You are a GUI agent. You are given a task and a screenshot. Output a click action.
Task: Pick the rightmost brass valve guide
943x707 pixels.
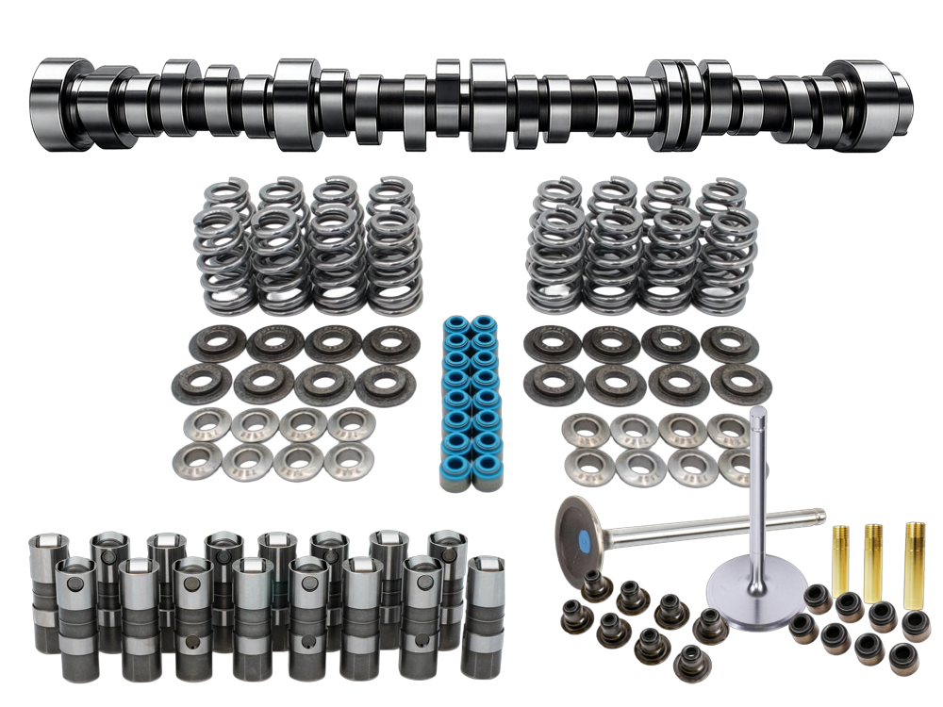[912, 565]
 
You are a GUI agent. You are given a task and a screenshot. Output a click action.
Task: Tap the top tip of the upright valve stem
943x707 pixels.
[758, 415]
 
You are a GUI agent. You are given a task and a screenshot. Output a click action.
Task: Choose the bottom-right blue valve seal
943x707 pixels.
[488, 479]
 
